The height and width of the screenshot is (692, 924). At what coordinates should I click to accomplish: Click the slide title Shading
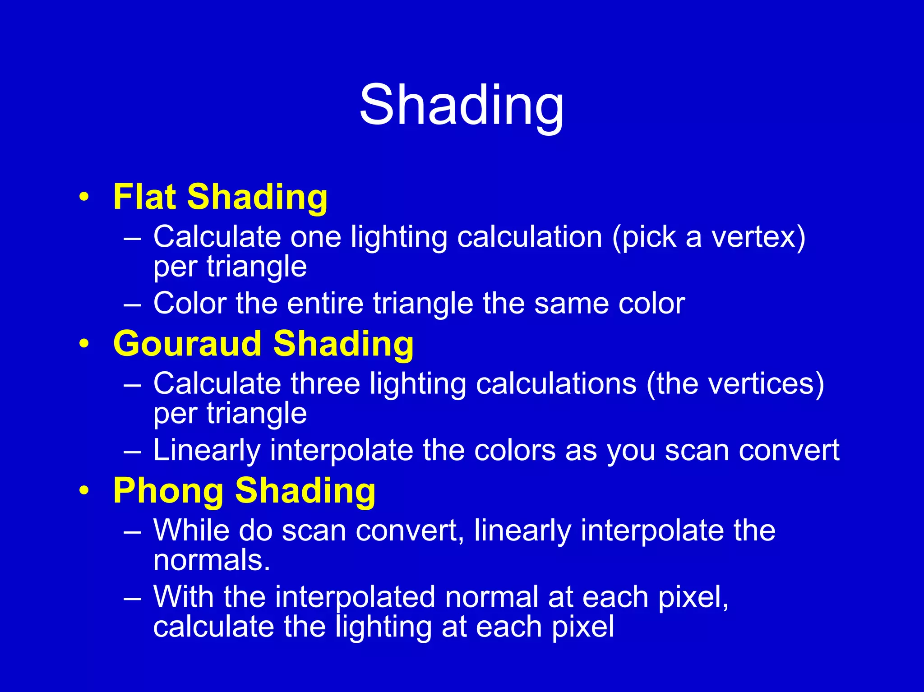[x=461, y=106]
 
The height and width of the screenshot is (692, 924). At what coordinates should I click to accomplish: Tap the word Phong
[x=168, y=491]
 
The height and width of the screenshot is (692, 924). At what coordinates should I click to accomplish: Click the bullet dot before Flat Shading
[x=83, y=197]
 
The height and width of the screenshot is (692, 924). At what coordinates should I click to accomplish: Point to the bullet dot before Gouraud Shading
[x=83, y=344]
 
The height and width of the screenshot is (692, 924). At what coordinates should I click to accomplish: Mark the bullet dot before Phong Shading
[x=83, y=491]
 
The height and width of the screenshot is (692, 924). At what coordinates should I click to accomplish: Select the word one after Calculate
[x=316, y=237]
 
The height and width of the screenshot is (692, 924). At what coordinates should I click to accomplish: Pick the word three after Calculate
[x=325, y=384]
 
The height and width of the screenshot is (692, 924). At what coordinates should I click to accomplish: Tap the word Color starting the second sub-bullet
[x=189, y=303]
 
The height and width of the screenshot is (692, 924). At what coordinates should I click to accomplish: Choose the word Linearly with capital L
[x=207, y=450]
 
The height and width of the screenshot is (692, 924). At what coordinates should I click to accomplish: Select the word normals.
[x=211, y=560]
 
